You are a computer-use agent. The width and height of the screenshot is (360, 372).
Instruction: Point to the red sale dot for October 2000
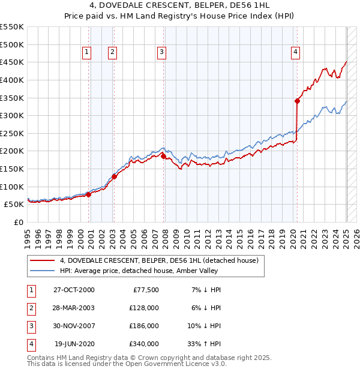[89, 194]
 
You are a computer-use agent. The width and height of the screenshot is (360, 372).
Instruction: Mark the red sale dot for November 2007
[164, 156]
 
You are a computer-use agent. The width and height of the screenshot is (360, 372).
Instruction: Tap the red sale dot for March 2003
[114, 176]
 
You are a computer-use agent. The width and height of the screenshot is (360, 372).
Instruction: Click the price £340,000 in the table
[144, 344]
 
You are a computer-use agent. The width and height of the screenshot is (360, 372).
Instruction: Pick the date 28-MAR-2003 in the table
[74, 308]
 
